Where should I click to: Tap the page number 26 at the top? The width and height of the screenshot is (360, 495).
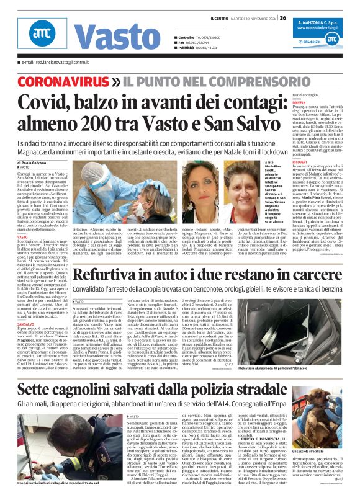(282, 17)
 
